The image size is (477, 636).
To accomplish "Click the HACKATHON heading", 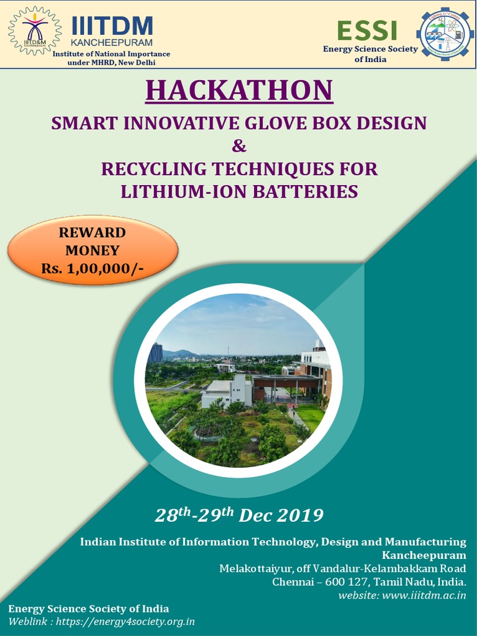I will coord(239,90).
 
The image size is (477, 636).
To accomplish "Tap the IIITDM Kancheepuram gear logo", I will coord(35,30).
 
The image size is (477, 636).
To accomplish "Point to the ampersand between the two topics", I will coord(238,146).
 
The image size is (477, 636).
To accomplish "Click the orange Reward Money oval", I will coord(93,250).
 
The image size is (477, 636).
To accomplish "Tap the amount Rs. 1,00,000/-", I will coord(93,268).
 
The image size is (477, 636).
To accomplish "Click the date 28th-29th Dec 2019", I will coord(239,515).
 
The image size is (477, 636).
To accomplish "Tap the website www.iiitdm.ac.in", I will coord(424,596).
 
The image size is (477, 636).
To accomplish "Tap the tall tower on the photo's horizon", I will coord(155,352).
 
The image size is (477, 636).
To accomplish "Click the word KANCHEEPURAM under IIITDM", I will coord(112,43).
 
